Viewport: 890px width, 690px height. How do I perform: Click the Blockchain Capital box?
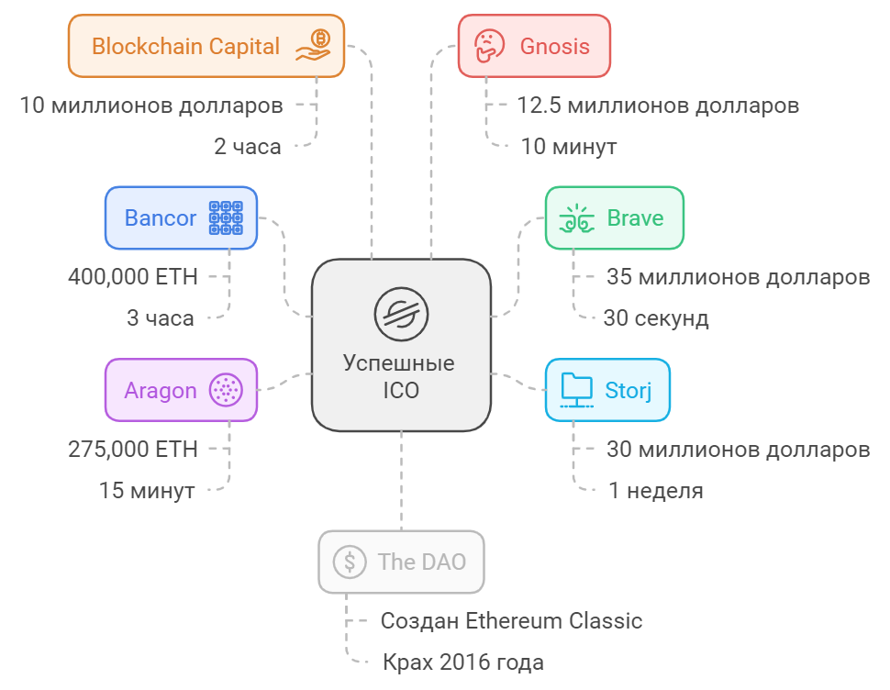coord(206,46)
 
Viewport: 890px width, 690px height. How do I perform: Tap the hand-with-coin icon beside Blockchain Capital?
coord(313,45)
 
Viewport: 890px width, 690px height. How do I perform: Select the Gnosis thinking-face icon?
coord(489,45)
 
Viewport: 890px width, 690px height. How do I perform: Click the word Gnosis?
coord(554,46)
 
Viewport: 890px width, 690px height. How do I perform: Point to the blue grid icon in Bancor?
coord(226,217)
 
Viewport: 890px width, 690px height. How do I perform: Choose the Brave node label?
coord(635,217)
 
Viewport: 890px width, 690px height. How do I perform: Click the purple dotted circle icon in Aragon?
coord(226,390)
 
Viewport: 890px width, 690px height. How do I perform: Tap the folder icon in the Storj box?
coord(577,390)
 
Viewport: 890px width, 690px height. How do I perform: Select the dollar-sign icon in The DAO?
coord(350,562)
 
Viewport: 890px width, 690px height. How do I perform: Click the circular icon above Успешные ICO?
coord(401,314)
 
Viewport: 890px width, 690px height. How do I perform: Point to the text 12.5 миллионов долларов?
coord(658,106)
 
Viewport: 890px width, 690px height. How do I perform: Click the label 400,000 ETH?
coord(133,277)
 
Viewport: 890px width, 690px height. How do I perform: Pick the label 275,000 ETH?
coord(133,450)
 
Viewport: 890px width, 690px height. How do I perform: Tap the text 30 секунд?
coord(656,318)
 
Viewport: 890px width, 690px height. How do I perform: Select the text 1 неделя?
coord(656,491)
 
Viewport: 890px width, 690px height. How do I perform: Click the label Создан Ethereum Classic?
coord(511,621)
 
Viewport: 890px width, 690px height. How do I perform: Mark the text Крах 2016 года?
coord(463,662)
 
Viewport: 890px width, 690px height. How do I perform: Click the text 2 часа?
coord(248,147)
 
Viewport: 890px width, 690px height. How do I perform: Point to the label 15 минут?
coord(147,491)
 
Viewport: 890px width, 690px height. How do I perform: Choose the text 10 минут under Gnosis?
coord(569,147)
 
